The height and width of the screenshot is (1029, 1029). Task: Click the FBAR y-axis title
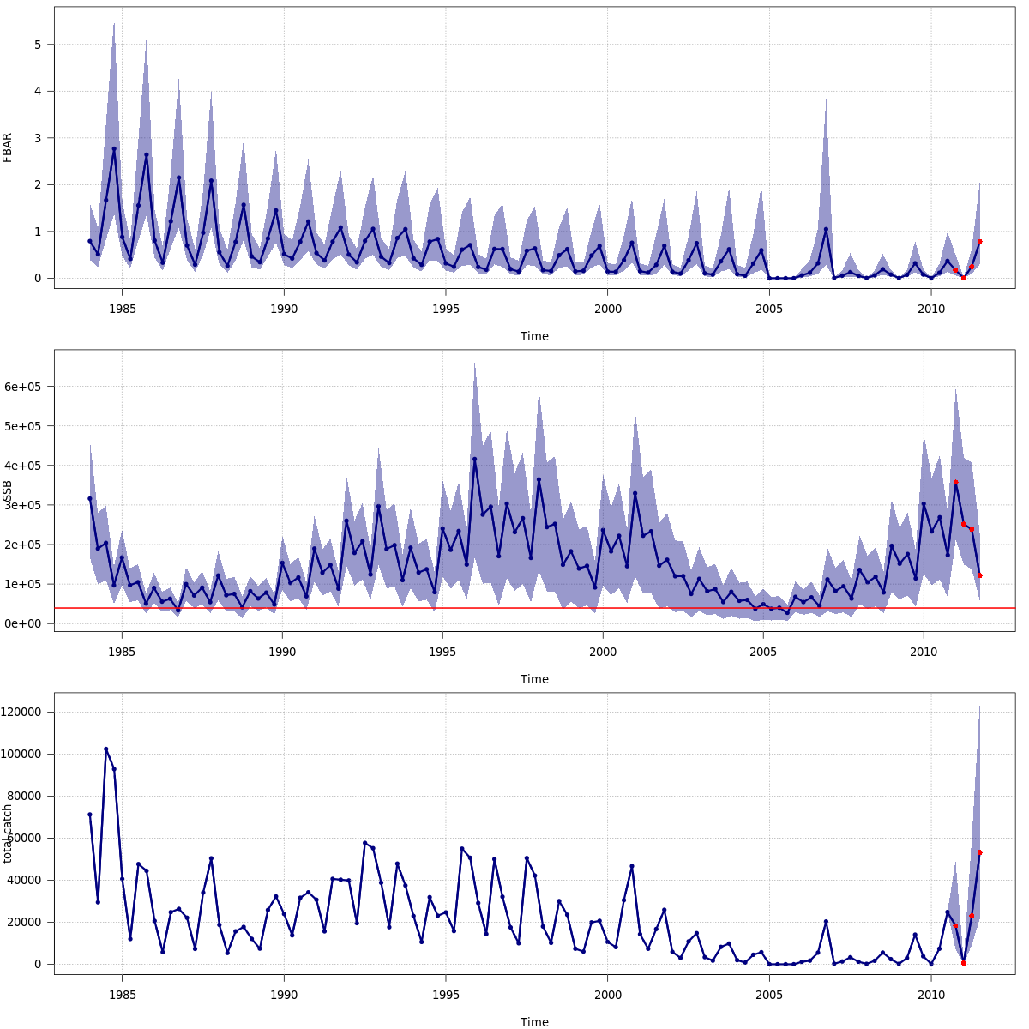click(x=8, y=147)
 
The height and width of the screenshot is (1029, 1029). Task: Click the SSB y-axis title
click(x=8, y=491)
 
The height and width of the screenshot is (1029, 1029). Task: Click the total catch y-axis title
click(x=8, y=833)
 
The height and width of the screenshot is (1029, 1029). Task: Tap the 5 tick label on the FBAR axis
click(x=38, y=45)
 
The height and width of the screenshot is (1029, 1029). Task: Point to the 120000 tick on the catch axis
click(x=24, y=713)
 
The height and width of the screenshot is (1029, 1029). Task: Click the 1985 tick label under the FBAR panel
click(x=122, y=309)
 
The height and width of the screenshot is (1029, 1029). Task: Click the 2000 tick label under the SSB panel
click(x=603, y=652)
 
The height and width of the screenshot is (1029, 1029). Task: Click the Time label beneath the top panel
click(x=534, y=336)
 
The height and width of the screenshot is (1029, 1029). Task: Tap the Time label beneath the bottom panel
click(x=534, y=1022)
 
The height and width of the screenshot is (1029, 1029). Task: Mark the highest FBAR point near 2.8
click(x=114, y=149)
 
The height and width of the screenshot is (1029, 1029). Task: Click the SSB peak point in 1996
click(x=474, y=459)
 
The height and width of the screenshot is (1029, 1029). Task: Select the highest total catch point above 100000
click(x=106, y=749)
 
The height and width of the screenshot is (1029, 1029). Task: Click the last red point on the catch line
click(x=979, y=852)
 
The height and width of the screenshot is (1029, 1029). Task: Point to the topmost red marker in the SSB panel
click(x=955, y=483)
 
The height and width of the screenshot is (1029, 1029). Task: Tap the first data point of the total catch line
click(x=89, y=815)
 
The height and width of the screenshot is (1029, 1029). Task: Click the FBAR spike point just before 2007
click(x=826, y=229)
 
